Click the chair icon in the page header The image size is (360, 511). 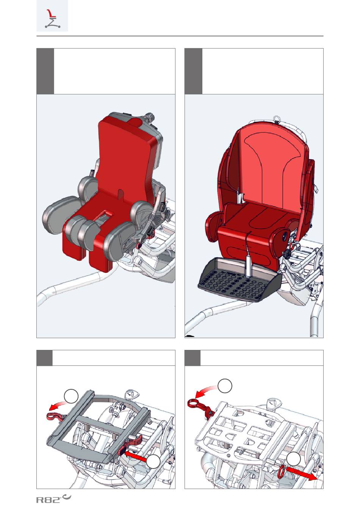(x=53, y=19)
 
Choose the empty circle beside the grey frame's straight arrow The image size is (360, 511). (x=153, y=461)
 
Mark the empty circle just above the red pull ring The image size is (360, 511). (x=294, y=459)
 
